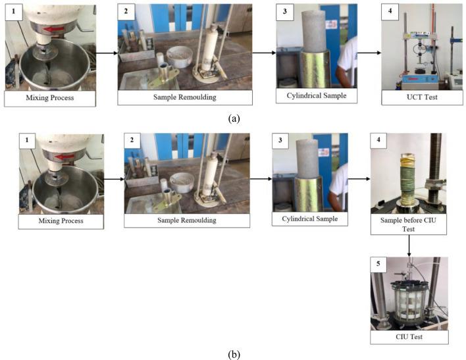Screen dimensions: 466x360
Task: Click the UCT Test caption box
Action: click(x=422, y=97)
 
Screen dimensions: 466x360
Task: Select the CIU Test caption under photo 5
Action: click(x=409, y=337)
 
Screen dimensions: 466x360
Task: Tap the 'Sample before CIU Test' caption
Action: click(x=408, y=224)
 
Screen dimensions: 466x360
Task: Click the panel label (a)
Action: click(x=234, y=118)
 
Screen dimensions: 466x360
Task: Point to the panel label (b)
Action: click(x=234, y=354)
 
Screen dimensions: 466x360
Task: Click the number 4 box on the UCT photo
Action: click(x=390, y=11)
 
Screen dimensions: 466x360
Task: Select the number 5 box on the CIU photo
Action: click(x=378, y=264)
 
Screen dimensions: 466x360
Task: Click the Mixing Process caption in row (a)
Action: click(x=50, y=98)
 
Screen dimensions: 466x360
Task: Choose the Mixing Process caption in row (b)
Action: click(x=61, y=221)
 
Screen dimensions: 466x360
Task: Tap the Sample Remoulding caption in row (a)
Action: click(x=185, y=97)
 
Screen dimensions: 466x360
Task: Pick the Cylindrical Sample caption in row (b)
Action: click(x=309, y=219)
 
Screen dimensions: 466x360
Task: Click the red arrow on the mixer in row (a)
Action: click(x=55, y=29)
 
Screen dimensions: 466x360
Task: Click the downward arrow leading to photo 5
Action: click(x=409, y=245)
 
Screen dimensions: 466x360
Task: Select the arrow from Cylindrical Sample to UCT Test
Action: click(x=369, y=53)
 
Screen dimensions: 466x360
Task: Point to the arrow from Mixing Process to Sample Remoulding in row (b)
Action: click(x=114, y=179)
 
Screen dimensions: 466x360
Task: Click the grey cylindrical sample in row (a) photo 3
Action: click(x=314, y=31)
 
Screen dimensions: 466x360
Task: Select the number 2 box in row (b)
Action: click(x=132, y=140)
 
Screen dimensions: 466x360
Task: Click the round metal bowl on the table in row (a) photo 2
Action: click(x=179, y=57)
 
